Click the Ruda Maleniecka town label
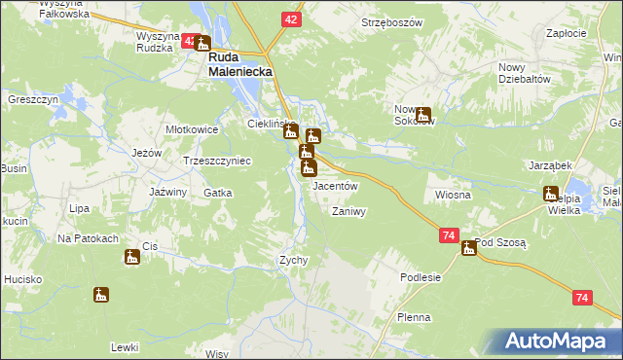(x=239, y=64)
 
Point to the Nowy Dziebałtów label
(x=525, y=73)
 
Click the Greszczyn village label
(x=34, y=100)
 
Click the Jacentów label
(x=337, y=185)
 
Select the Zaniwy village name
(x=348, y=211)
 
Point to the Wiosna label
(x=454, y=195)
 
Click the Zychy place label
(x=294, y=260)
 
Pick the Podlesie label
(x=421, y=277)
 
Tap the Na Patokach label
(x=88, y=238)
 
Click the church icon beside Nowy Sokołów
(x=422, y=115)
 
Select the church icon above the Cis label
(x=131, y=257)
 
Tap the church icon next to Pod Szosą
(x=469, y=247)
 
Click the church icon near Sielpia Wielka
(x=551, y=194)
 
